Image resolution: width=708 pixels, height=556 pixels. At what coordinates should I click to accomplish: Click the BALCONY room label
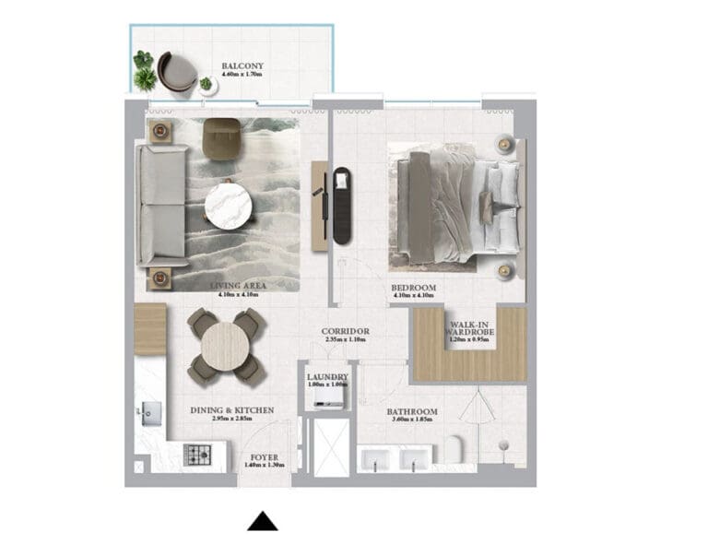tap(242, 66)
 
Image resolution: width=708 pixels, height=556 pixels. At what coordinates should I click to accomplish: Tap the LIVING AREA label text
tap(238, 286)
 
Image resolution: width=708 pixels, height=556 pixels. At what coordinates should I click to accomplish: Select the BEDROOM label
tap(413, 288)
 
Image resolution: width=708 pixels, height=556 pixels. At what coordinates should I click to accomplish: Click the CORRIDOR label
tap(346, 331)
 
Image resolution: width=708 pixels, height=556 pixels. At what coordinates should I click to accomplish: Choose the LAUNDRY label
tap(328, 377)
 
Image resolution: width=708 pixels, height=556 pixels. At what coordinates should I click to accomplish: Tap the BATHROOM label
tap(412, 412)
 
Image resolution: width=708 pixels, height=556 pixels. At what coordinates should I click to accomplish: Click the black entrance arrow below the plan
tap(263, 522)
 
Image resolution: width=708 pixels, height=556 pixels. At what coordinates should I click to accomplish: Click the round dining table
tap(225, 345)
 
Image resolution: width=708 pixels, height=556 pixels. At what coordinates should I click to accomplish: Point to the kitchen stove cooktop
tap(196, 454)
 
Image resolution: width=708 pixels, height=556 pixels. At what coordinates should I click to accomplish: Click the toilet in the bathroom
tap(455, 450)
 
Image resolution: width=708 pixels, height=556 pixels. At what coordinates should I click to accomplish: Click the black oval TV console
tap(342, 205)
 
